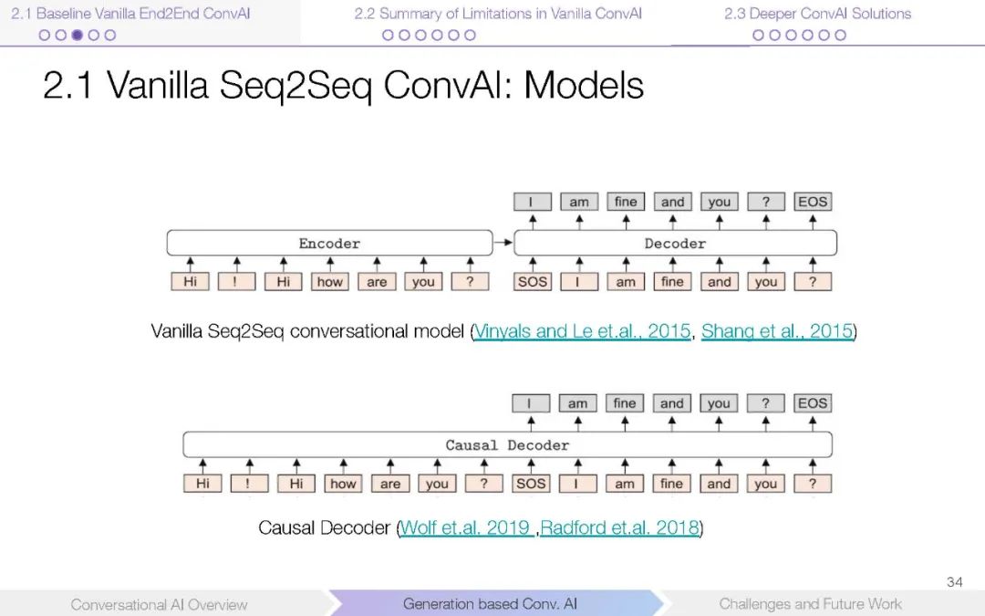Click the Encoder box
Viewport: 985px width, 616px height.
(329, 244)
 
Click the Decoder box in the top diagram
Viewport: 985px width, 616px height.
(675, 244)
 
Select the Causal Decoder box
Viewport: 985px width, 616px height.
(507, 445)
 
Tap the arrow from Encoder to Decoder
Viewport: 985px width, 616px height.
(503, 244)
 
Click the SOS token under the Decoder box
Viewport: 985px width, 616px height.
(533, 282)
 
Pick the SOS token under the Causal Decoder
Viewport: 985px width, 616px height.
(531, 484)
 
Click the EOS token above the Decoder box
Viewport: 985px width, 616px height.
(813, 202)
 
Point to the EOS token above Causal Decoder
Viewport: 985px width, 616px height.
(813, 403)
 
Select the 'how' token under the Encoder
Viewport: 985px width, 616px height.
(329, 282)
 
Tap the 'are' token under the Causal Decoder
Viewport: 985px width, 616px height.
(390, 484)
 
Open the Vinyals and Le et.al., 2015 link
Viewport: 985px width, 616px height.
(583, 331)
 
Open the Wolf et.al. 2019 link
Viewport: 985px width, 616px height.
(467, 527)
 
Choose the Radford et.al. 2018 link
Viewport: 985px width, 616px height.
(619, 527)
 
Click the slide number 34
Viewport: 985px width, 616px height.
(955, 582)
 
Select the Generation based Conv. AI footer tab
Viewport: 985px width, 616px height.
(490, 604)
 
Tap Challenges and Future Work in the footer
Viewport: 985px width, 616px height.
(810, 604)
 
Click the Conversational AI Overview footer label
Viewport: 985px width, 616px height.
(159, 604)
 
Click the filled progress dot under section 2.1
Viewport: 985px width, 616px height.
(77, 36)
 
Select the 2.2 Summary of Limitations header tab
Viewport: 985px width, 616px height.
(498, 14)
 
